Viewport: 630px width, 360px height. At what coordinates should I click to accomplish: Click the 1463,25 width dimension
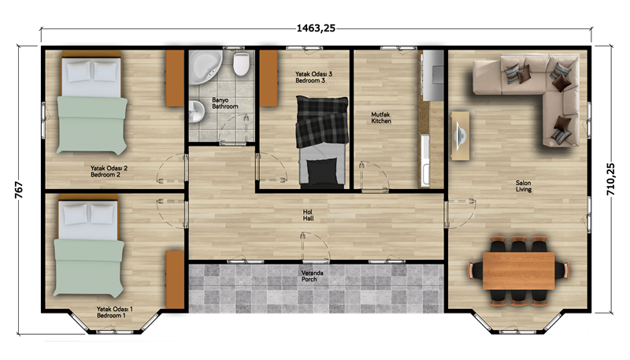click(316, 28)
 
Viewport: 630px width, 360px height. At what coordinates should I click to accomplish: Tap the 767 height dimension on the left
click(19, 190)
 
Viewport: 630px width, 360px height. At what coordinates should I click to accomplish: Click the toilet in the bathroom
click(241, 64)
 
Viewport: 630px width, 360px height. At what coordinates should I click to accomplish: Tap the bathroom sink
click(196, 111)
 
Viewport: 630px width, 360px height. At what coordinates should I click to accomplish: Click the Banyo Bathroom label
click(225, 103)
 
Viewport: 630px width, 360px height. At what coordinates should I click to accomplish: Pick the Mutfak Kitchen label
click(381, 117)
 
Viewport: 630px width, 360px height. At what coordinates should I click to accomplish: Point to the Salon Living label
click(524, 186)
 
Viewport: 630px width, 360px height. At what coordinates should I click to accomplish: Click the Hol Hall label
click(308, 215)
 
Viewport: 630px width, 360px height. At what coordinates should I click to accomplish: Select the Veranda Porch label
click(312, 276)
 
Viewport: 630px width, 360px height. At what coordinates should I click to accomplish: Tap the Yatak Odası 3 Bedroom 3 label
click(313, 77)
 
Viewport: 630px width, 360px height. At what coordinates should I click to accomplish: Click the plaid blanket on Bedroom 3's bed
click(322, 121)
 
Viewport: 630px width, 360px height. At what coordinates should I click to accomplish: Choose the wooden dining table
click(519, 270)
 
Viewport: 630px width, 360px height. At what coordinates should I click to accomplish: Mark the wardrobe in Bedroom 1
click(175, 280)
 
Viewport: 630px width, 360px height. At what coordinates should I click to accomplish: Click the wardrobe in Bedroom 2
click(175, 78)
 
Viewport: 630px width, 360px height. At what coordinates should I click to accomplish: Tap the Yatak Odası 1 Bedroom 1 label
click(114, 312)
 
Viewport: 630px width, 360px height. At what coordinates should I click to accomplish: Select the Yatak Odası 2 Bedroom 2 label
click(109, 172)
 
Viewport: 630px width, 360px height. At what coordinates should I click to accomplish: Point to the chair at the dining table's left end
click(476, 270)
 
